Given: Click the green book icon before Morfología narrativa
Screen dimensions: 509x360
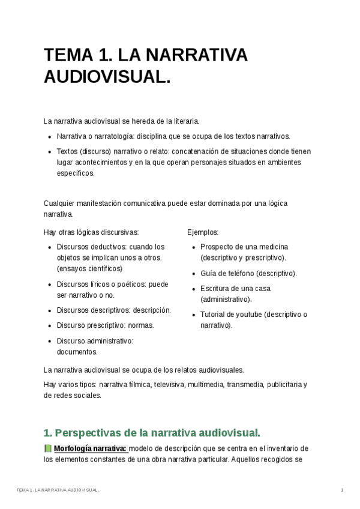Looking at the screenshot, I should [x=48, y=448].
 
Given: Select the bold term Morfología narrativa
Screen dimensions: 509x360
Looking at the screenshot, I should [x=90, y=448].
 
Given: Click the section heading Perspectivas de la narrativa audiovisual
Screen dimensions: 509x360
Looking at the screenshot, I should [x=152, y=432].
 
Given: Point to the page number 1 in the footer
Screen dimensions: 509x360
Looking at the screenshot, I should [x=341, y=490].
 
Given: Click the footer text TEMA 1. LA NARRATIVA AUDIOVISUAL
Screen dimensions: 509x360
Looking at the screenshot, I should [x=58, y=490].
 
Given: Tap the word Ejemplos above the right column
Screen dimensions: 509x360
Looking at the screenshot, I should [x=203, y=232].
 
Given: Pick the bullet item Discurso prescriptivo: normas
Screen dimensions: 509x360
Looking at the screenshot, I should [x=105, y=325].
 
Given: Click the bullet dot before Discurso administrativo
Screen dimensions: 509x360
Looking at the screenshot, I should [x=49, y=341].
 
